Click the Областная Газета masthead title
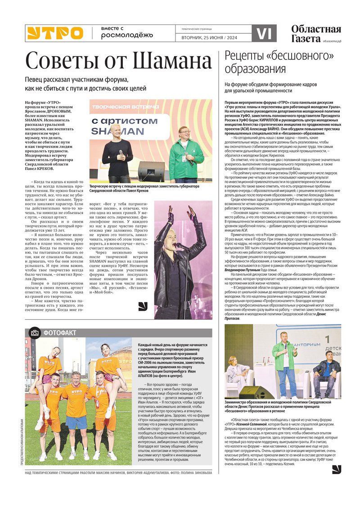click(315, 34)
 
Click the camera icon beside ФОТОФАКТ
click(34, 333)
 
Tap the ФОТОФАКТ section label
click(60, 333)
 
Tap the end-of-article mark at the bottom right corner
click(337, 469)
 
